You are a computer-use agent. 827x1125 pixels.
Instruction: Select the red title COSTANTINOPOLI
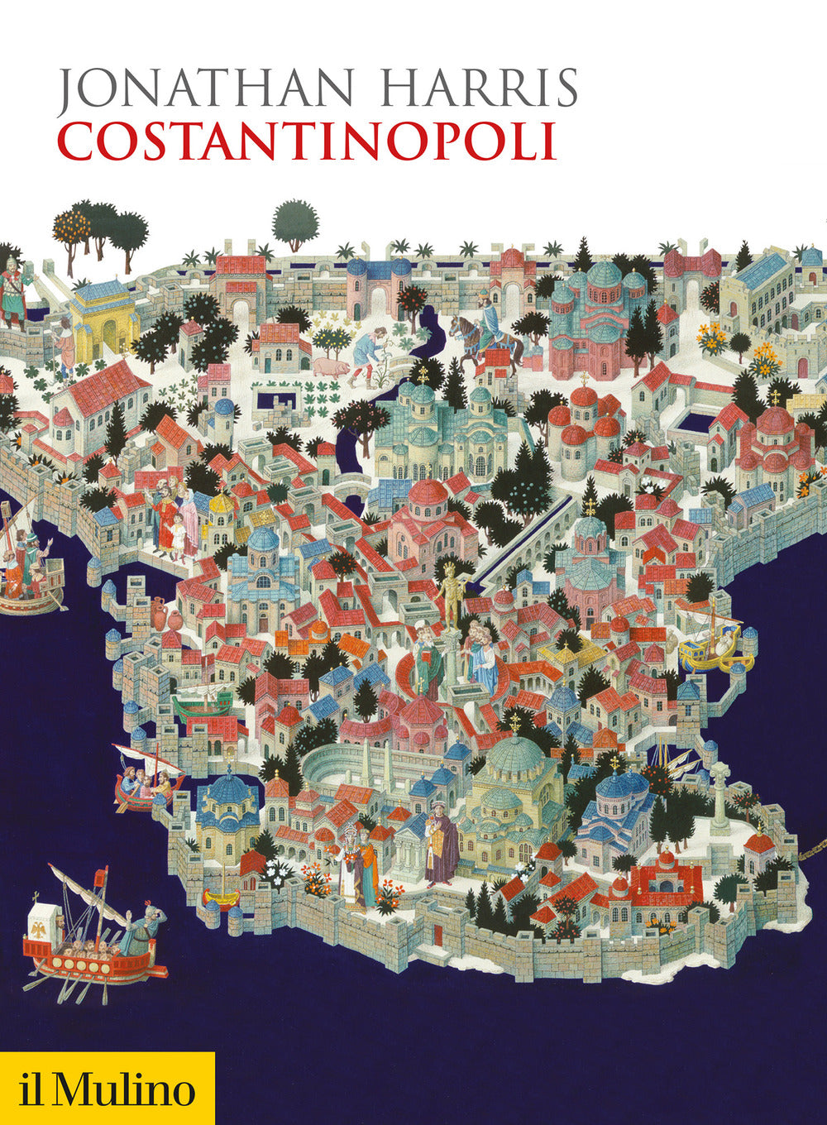306,141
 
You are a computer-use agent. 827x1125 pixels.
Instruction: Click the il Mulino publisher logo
108,1089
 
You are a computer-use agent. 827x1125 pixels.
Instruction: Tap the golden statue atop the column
450,591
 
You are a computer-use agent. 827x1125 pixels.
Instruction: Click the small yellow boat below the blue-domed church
221,894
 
